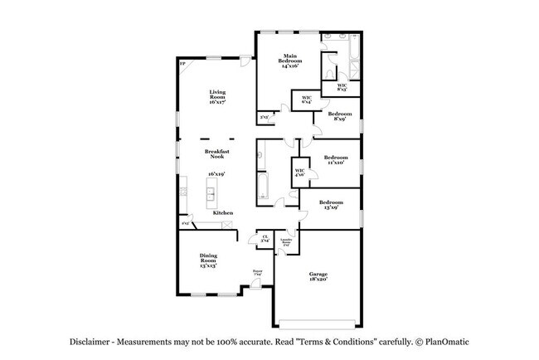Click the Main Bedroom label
point(289,62)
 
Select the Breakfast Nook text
point(217,154)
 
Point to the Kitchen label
point(222,213)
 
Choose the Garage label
point(319,276)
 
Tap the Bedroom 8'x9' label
point(339,116)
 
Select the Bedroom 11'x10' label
point(335,159)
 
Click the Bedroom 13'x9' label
point(332,204)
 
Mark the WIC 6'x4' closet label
point(307,100)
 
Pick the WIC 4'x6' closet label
point(299,173)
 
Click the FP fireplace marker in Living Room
point(182,63)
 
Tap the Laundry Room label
point(287,243)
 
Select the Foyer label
point(258,273)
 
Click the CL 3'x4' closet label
point(265,240)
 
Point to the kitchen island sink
point(211,196)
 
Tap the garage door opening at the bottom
point(319,322)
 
